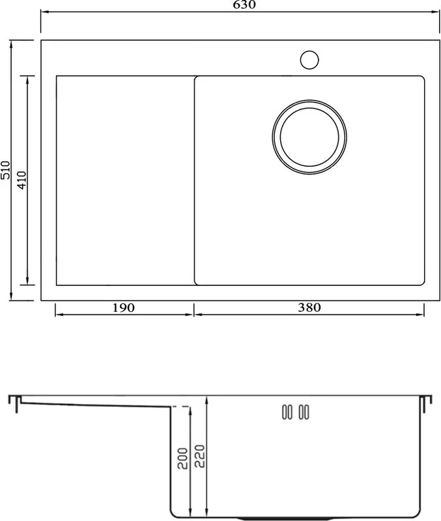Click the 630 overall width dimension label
pos(244,5)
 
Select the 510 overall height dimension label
pos(6,170)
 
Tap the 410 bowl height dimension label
pos(21,180)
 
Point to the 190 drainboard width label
pos(123,307)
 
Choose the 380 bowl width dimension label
pos(309,307)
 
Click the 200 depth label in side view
pos(182,458)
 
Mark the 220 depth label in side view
pos(199,456)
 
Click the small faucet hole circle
pos(309,60)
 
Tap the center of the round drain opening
pos(309,137)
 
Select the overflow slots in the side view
pos(296,412)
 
